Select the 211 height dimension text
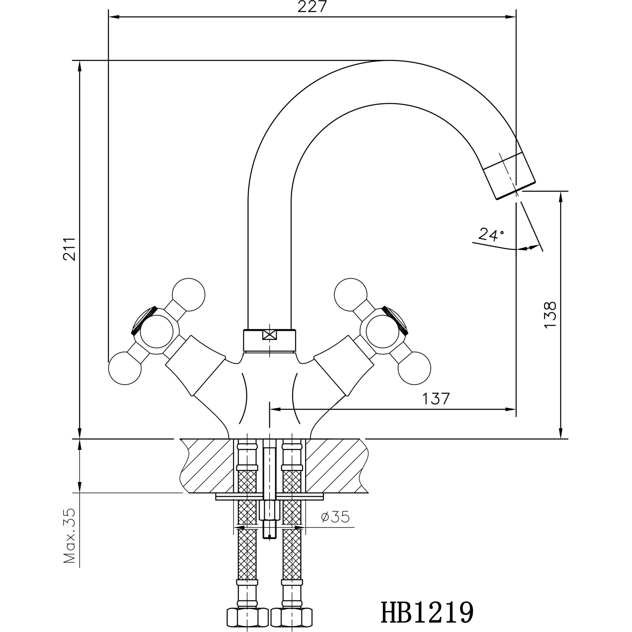(x=69, y=249)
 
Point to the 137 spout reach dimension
(x=436, y=399)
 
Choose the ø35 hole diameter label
(x=335, y=517)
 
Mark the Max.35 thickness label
(x=69, y=536)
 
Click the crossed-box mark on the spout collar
(x=270, y=335)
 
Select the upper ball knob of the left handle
(x=188, y=295)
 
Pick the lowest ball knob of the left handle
(x=125, y=368)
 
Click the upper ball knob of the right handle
(x=351, y=295)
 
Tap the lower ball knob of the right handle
(x=414, y=368)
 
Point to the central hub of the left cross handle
(x=156, y=332)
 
